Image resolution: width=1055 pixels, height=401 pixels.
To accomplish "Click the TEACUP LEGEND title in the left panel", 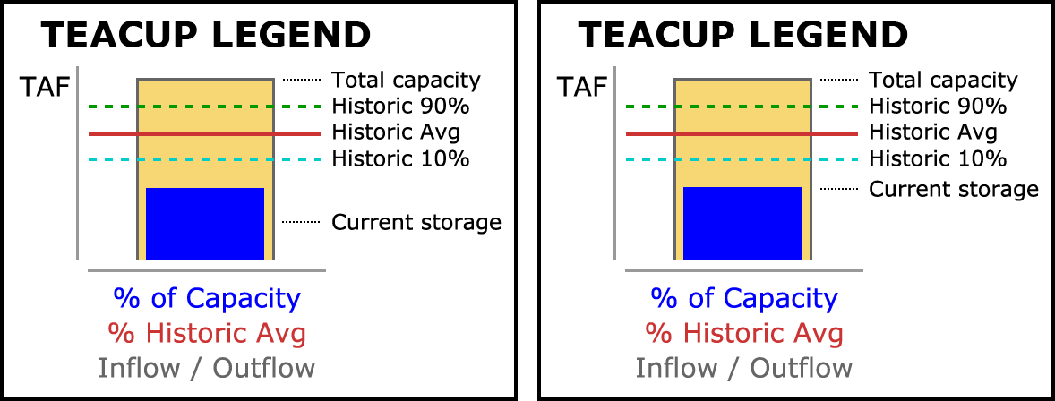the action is click(x=206, y=35).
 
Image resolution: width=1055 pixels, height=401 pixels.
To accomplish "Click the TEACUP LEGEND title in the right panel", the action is click(x=742, y=35).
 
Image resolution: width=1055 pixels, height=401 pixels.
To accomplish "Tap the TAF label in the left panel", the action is click(x=46, y=87).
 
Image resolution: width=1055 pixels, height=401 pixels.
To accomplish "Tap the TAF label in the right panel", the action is click(x=583, y=87).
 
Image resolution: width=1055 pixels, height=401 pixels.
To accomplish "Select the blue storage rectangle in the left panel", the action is click(x=205, y=224).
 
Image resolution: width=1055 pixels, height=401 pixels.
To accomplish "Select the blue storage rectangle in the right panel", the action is click(x=742, y=224).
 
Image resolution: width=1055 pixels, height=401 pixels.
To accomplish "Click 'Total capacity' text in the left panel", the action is click(x=407, y=81).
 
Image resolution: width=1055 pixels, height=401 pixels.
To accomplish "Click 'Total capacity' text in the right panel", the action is click(x=943, y=81).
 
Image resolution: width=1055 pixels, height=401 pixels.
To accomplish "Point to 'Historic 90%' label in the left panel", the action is click(x=400, y=107).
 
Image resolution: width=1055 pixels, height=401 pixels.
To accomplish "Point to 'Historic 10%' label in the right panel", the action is click(x=938, y=159).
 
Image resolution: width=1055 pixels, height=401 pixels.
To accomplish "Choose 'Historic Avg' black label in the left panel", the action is click(x=396, y=132).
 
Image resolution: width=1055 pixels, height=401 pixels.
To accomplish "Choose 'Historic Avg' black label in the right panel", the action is click(x=932, y=132).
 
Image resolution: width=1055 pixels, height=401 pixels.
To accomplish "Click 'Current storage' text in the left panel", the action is click(x=416, y=223).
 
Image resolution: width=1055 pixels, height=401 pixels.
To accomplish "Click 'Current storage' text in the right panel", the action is click(x=954, y=190).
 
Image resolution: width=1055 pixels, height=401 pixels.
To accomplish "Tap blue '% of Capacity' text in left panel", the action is click(x=207, y=299).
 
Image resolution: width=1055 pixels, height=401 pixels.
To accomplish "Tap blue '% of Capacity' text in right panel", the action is click(x=743, y=299).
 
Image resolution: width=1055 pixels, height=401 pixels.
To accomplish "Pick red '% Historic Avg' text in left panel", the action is click(x=207, y=334).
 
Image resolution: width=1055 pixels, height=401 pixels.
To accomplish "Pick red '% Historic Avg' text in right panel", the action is click(x=743, y=334).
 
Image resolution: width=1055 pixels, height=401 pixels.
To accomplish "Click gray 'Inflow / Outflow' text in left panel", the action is click(x=207, y=368).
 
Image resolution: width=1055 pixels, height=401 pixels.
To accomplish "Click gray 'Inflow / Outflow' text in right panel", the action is click(x=743, y=368).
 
